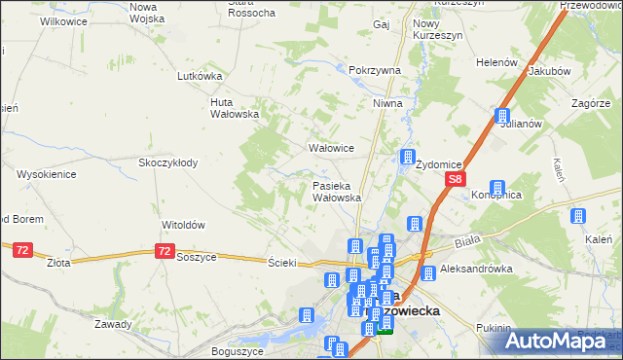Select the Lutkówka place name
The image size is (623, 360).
(x=201, y=75)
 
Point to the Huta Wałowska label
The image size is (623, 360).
(x=235, y=107)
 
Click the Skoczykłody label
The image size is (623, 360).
(x=168, y=162)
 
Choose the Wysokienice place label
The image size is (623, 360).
(x=47, y=174)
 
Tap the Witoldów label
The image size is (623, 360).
(x=183, y=224)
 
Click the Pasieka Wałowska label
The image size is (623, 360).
(x=337, y=191)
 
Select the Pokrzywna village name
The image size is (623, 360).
(x=375, y=71)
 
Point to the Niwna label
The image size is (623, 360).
(x=386, y=102)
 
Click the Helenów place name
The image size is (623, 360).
(x=495, y=61)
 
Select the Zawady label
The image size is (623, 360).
(x=114, y=324)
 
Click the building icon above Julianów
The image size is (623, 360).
(x=502, y=115)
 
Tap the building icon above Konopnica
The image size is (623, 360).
(x=497, y=187)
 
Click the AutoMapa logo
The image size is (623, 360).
(x=559, y=341)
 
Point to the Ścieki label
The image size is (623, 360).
(x=281, y=262)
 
